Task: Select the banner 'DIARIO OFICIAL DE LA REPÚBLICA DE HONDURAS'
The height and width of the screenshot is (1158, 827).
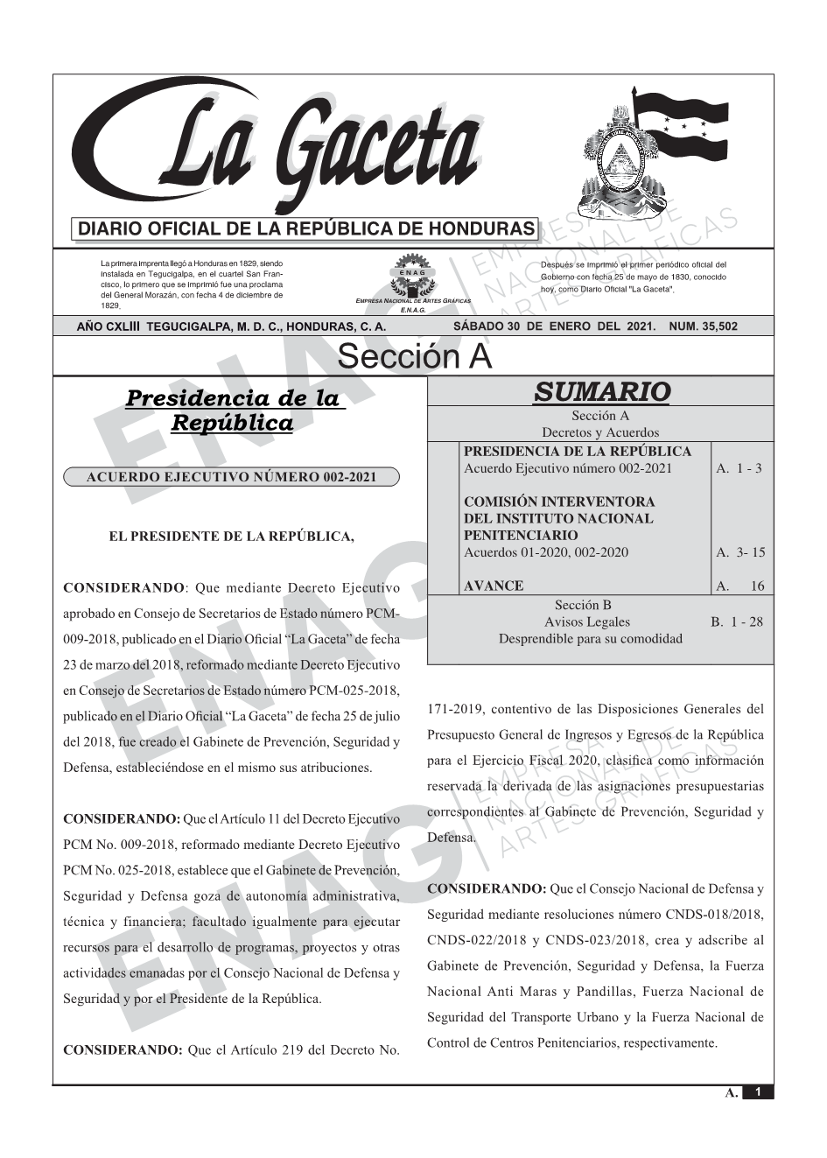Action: [x=305, y=228]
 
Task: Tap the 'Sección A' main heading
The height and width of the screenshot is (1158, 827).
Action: [x=414, y=357]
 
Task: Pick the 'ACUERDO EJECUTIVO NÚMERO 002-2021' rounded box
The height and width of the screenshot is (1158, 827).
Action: [x=232, y=477]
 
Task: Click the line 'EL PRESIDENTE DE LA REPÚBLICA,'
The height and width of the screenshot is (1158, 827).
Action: [x=231, y=536]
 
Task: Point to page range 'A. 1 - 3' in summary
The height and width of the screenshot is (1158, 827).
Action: [x=739, y=468]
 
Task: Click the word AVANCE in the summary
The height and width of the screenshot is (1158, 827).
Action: [x=494, y=586]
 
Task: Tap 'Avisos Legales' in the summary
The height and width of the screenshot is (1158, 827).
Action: [x=586, y=622]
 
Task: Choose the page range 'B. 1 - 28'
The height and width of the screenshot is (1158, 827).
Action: [x=737, y=622]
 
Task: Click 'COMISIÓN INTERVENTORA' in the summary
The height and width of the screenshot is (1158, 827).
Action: [x=558, y=502]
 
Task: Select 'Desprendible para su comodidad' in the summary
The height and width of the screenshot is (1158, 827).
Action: [x=590, y=639]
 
